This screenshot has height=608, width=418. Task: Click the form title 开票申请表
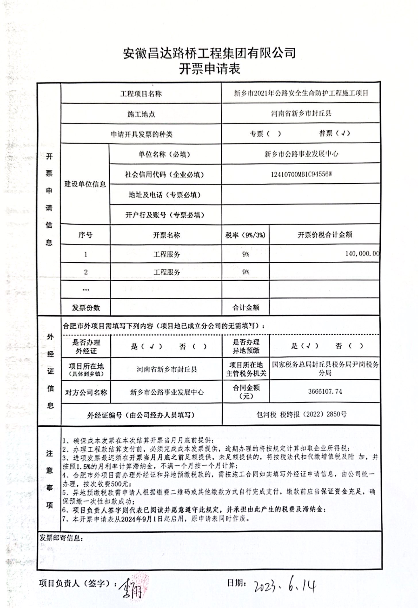[209, 69]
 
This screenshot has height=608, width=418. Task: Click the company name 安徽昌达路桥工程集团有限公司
[209, 53]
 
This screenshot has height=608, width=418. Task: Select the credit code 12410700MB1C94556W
[301, 174]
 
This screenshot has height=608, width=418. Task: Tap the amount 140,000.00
[362, 253]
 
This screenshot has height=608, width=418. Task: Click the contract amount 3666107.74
[325, 391]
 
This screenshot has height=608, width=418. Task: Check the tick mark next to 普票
[342, 133]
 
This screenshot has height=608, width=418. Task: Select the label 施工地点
[141, 114]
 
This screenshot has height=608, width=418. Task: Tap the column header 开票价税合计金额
[325, 235]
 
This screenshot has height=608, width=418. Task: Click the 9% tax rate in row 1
[246, 254]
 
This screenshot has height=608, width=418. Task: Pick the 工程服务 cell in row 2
[167, 272]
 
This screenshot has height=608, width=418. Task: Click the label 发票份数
[86, 308]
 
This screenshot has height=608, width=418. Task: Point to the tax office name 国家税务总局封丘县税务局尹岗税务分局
[325, 369]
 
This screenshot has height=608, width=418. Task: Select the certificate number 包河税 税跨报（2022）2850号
[301, 414]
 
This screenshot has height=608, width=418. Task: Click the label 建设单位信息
[85, 184]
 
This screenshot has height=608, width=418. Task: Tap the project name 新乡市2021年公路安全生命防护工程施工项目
[301, 93]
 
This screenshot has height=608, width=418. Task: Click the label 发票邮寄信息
[61, 538]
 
